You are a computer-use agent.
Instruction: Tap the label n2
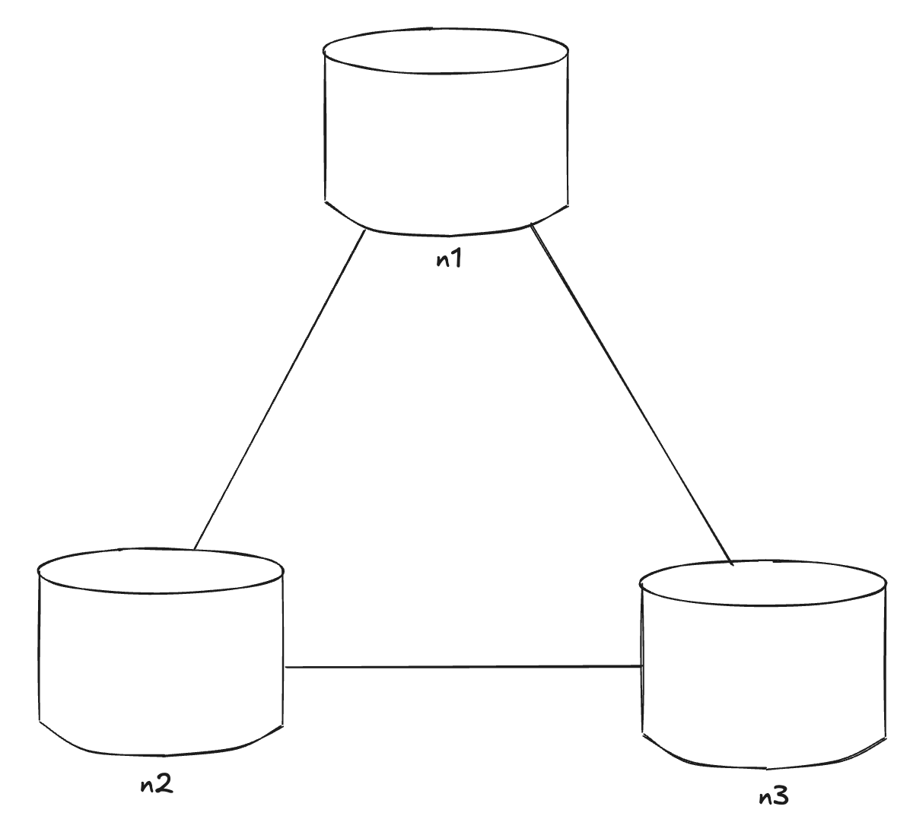click(x=157, y=785)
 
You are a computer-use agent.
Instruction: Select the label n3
click(x=774, y=797)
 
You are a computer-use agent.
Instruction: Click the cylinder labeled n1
click(x=446, y=137)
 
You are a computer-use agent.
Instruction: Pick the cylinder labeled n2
click(x=161, y=654)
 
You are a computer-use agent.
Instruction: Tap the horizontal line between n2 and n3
click(x=463, y=667)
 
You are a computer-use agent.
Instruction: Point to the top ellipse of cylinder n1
click(x=446, y=53)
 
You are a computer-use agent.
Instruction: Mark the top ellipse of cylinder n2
click(x=161, y=570)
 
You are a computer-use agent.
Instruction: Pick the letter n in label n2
click(x=148, y=786)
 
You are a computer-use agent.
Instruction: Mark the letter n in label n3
click(x=765, y=798)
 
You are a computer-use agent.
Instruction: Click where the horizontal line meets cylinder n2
click(x=284, y=667)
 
